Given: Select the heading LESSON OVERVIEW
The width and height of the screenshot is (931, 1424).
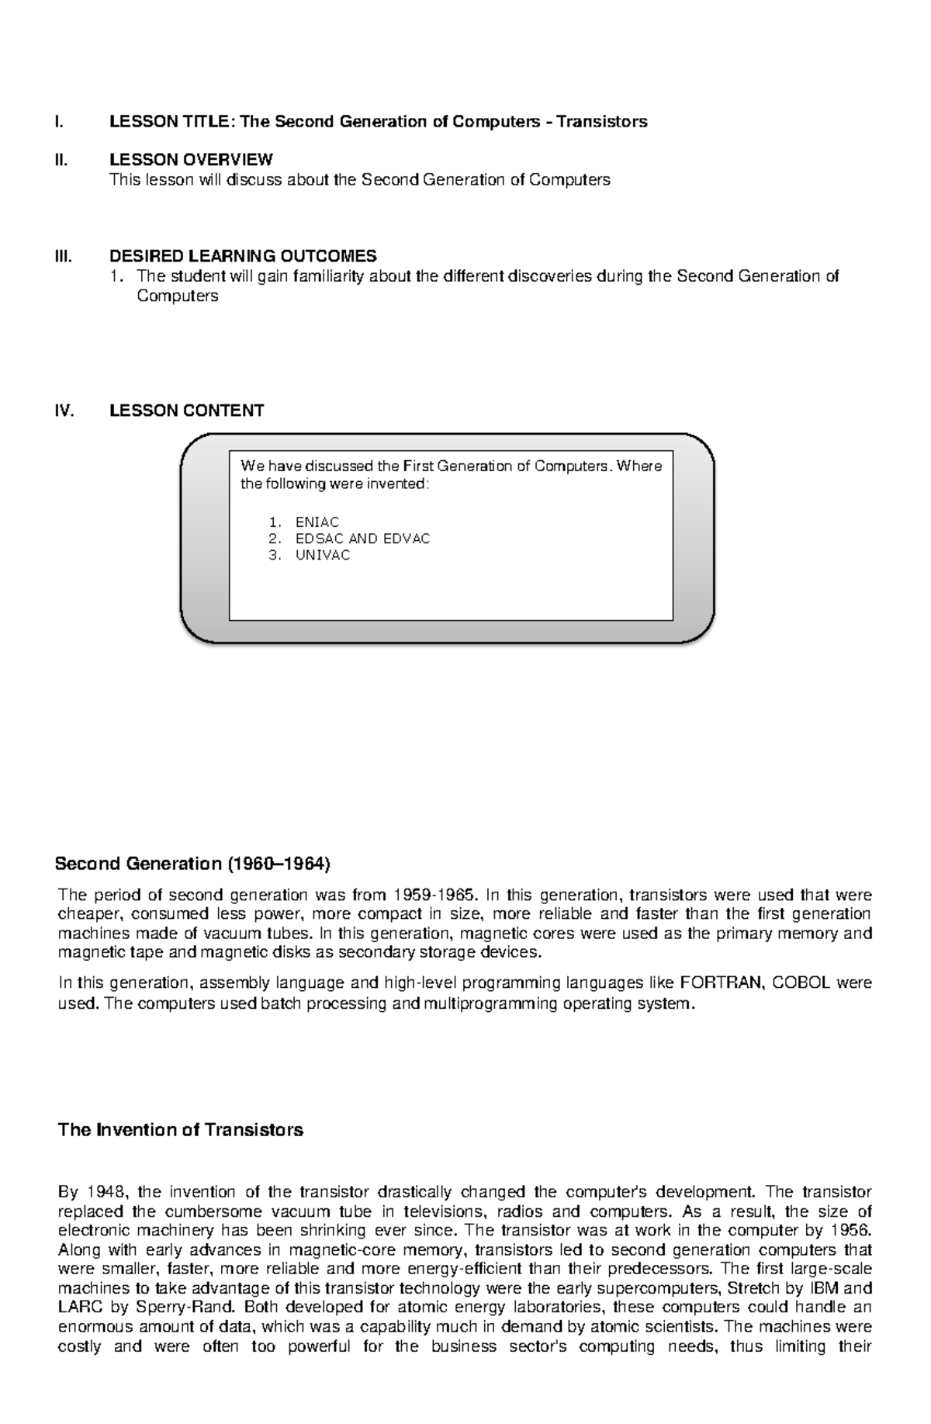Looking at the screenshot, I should tap(191, 160).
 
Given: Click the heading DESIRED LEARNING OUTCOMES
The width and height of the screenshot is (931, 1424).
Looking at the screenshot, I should tap(243, 256).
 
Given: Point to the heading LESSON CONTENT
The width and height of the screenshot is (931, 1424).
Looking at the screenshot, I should tap(186, 411).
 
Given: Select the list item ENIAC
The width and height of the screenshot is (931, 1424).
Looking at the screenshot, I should tap(317, 522).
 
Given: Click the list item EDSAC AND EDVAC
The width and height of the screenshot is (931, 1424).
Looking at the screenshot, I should tap(362, 539).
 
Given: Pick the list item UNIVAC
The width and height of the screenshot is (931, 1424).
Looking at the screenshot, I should tap(323, 556).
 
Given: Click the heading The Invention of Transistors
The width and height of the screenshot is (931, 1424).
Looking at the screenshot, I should tap(180, 1130).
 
